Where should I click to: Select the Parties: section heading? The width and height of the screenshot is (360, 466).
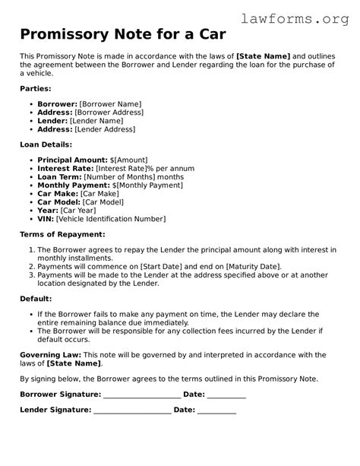point(36,89)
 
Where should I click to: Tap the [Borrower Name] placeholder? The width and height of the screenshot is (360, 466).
point(110,104)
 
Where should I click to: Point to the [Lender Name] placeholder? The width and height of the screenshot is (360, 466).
point(96,121)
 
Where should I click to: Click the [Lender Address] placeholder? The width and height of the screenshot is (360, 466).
point(105,130)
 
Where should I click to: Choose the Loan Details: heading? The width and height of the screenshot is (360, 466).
point(46,144)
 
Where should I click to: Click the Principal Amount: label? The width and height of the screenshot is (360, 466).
point(72,160)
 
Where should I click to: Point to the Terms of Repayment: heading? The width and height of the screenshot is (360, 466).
point(62,234)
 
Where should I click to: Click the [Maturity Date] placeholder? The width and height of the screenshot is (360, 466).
point(253,267)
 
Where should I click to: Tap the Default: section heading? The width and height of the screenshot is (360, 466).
point(36,299)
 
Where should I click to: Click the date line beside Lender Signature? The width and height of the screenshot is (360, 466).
point(216,411)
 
